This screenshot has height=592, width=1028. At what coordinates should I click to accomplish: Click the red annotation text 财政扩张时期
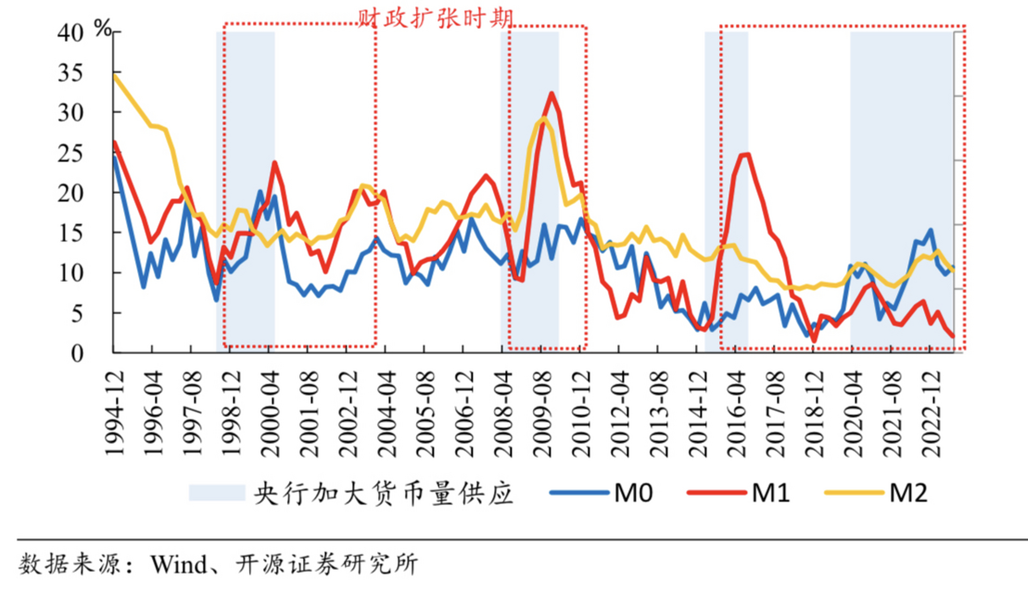[x=435, y=18]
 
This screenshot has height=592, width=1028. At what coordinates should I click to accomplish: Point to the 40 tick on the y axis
[x=70, y=33]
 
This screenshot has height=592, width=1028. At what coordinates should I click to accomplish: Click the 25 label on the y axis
[x=70, y=154]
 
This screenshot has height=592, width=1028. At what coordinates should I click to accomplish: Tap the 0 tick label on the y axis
[x=77, y=354]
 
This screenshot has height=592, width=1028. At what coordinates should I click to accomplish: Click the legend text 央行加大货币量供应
[x=383, y=493]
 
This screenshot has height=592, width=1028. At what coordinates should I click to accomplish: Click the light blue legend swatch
[x=217, y=493]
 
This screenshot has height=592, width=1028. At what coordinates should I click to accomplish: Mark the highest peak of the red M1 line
[x=551, y=93]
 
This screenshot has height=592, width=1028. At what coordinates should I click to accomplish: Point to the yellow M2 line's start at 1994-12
[x=115, y=75]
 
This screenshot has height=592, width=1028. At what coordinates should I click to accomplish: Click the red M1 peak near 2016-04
[x=746, y=155]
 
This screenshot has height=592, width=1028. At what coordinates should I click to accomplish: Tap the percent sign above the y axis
[x=103, y=29]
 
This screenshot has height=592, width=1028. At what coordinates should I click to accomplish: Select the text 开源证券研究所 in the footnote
[x=327, y=565]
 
